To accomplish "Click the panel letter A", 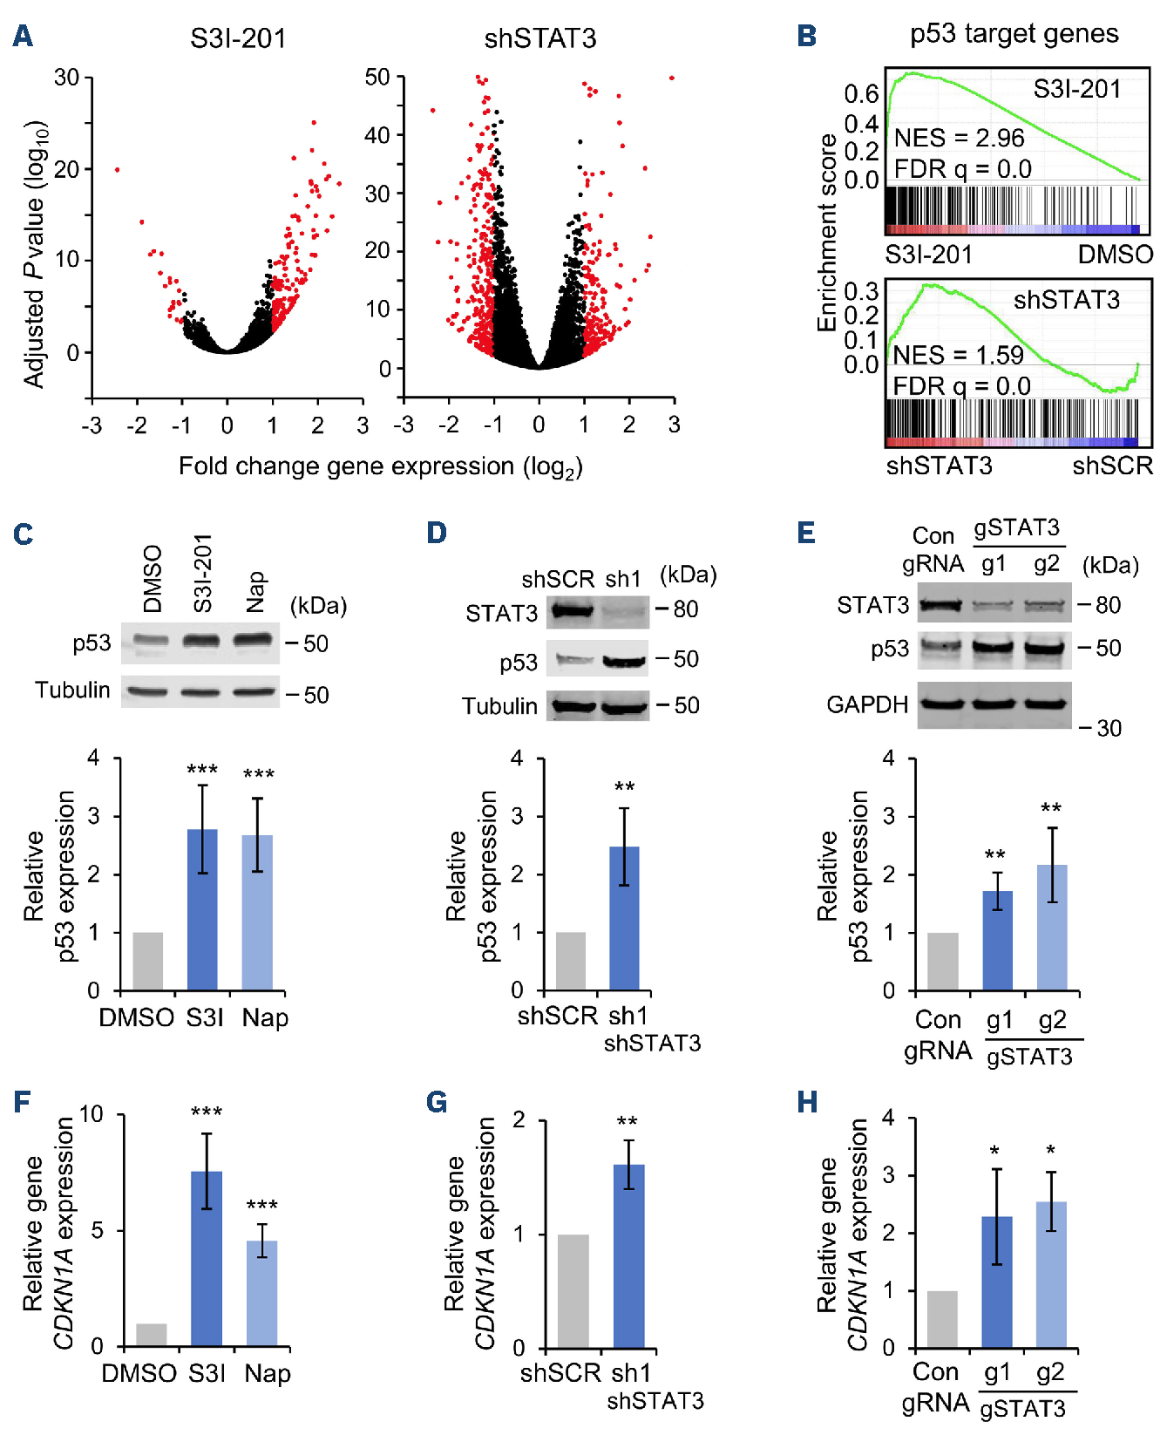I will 23,37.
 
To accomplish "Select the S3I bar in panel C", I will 202,909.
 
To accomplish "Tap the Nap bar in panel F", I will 261,1293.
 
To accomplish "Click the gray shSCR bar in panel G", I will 573,1290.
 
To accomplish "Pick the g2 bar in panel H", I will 1051,1274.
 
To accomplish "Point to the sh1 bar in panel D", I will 624,918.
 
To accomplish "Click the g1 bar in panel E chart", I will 997,940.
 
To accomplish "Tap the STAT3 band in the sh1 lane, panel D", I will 624,612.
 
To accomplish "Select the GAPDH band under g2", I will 1047,704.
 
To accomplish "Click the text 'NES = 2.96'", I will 959,138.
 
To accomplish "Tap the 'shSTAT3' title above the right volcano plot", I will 540,38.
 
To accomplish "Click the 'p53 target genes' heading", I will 1014,34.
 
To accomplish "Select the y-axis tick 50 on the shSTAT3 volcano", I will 377,78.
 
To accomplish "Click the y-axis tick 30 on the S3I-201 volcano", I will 66,78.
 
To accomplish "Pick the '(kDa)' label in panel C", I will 318,605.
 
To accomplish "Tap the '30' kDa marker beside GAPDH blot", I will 1108,727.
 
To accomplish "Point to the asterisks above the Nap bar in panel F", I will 261,1205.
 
